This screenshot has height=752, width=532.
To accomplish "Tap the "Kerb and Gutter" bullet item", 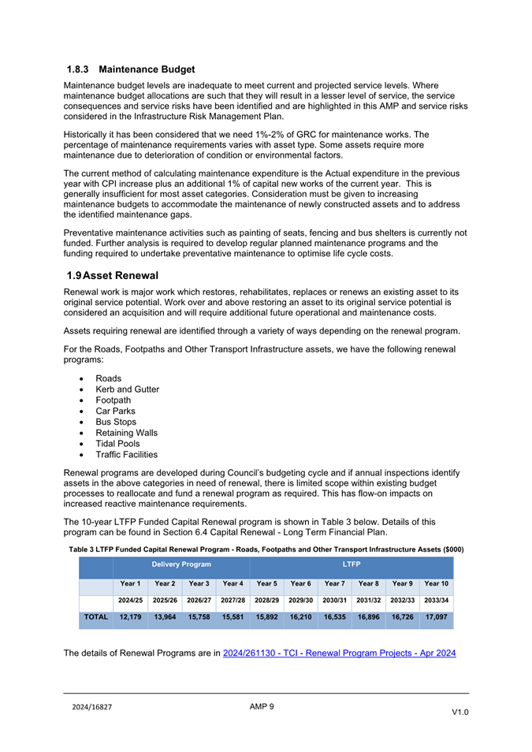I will pyautogui.click(x=127, y=389).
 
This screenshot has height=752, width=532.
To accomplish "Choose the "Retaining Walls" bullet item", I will pyautogui.click(x=126, y=433).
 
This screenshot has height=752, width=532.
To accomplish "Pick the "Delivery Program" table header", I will pyautogui.click(x=181, y=565).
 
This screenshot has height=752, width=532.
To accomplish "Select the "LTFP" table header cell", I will pyautogui.click(x=351, y=565).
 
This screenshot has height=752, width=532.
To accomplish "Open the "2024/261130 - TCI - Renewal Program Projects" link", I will pyautogui.click(x=339, y=653).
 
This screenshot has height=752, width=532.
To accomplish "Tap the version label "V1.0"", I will pyautogui.click(x=459, y=712).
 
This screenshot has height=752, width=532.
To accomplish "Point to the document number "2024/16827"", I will pyautogui.click(x=88, y=707).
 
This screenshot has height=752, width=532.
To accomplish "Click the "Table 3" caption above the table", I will pyautogui.click(x=266, y=549).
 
